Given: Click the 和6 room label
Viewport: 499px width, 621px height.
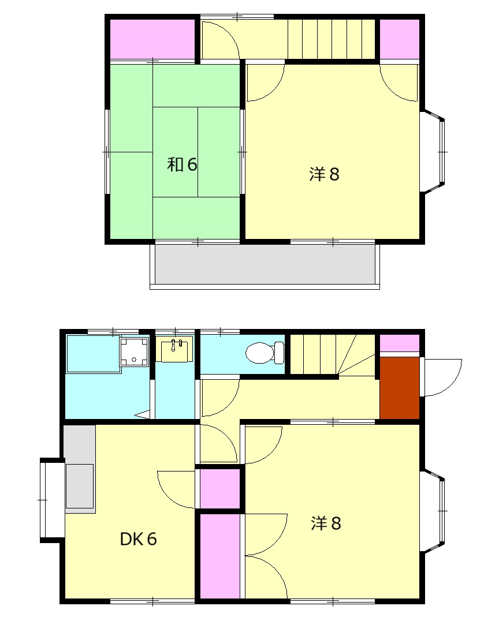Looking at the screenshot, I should (183, 165).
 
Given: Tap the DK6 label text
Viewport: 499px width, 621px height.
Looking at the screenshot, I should (139, 539).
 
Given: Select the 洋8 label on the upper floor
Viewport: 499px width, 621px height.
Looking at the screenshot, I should (324, 174).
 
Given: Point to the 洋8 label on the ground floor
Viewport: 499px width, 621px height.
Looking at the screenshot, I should (326, 523).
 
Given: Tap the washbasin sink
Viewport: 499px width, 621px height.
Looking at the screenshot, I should (175, 350).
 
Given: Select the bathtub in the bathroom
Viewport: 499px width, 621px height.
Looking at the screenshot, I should (92, 353).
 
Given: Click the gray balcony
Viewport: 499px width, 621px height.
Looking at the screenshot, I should (265, 264).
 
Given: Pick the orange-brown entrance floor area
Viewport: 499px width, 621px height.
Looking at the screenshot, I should (399, 387).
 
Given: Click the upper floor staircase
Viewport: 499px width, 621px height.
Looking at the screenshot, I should (332, 39).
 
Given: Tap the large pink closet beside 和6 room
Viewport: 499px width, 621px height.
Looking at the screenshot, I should (152, 39).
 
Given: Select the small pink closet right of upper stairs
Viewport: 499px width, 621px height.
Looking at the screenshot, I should (399, 39).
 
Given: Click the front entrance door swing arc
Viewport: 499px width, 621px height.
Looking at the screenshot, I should (443, 377).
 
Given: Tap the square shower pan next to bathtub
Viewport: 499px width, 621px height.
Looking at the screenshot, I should (133, 351).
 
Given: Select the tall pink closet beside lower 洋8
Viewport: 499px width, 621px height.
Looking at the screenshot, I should (219, 556).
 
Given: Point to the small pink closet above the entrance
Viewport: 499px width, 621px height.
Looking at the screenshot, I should (399, 342).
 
